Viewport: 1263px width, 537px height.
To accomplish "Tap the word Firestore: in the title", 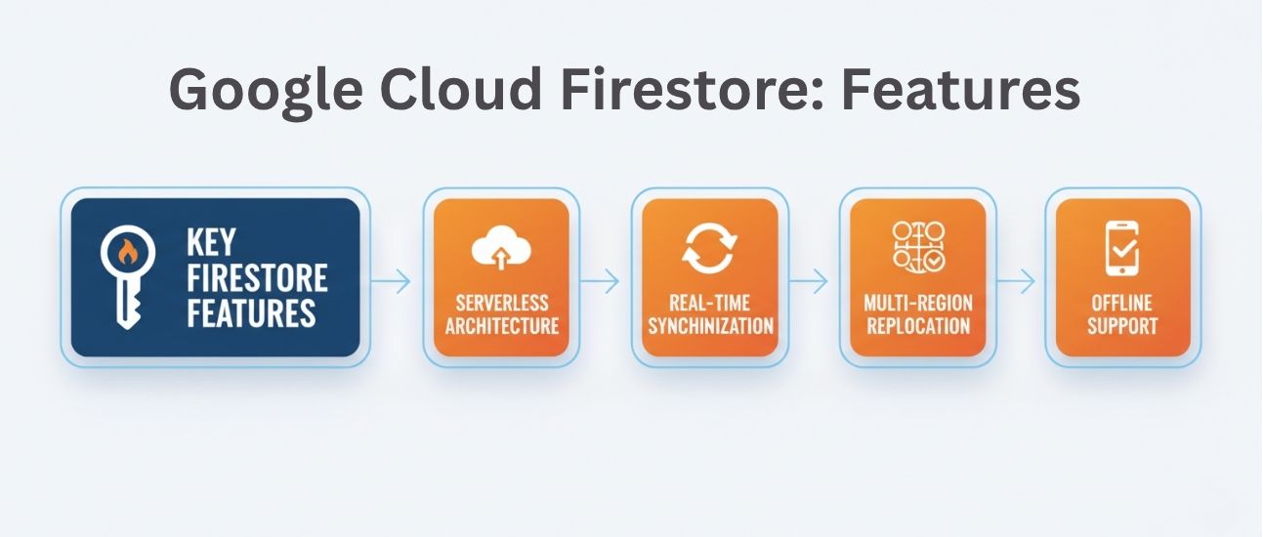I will [x=691, y=90].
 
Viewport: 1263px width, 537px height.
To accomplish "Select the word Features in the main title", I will [x=962, y=90].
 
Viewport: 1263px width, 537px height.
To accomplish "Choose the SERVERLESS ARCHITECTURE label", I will [x=501, y=312].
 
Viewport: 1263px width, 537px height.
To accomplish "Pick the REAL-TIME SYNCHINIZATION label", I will [x=709, y=312].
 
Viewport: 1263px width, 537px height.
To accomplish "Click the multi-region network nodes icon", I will [x=918, y=246].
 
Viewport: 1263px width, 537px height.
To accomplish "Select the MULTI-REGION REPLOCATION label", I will [x=918, y=312].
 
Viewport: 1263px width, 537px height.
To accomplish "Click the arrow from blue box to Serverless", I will [x=392, y=282].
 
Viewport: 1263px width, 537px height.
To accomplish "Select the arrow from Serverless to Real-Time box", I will [x=600, y=282].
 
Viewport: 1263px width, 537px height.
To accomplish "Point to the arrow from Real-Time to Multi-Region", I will [x=809, y=282].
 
